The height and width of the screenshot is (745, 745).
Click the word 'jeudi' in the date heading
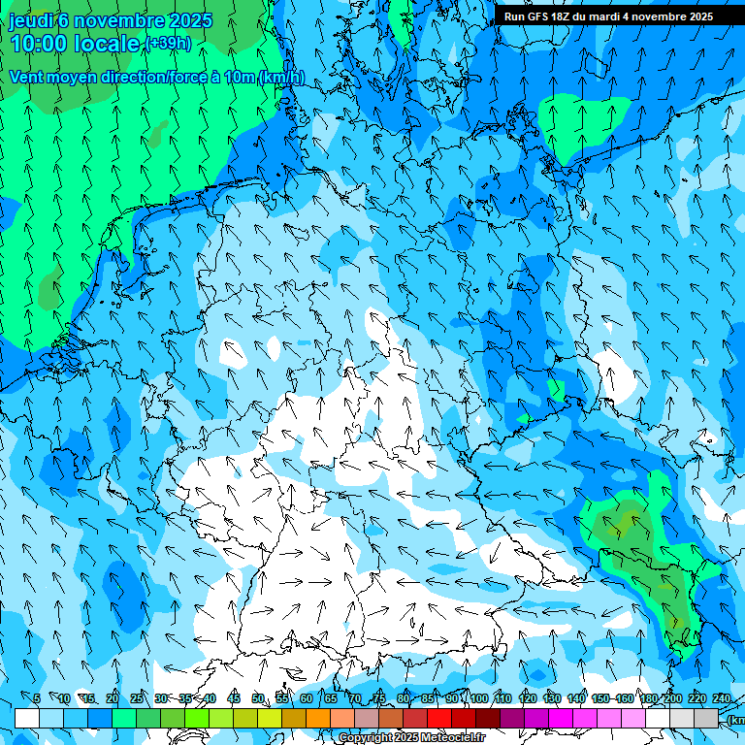(x=31, y=20)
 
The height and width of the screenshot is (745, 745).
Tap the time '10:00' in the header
(x=40, y=44)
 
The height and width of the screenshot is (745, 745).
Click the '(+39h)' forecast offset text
(x=168, y=44)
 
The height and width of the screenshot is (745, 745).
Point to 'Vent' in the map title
(x=27, y=77)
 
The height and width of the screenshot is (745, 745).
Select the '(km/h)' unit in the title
(x=281, y=77)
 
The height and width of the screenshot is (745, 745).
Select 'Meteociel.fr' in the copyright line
(x=453, y=738)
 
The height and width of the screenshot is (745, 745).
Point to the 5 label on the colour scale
(x=37, y=698)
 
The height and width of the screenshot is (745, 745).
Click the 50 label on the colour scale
(x=258, y=698)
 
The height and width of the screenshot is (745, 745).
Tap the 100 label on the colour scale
(x=478, y=698)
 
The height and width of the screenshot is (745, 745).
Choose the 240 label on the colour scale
(x=722, y=698)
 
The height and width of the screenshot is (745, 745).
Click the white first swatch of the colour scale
(x=27, y=718)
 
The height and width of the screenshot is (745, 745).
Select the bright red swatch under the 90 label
(x=439, y=718)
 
